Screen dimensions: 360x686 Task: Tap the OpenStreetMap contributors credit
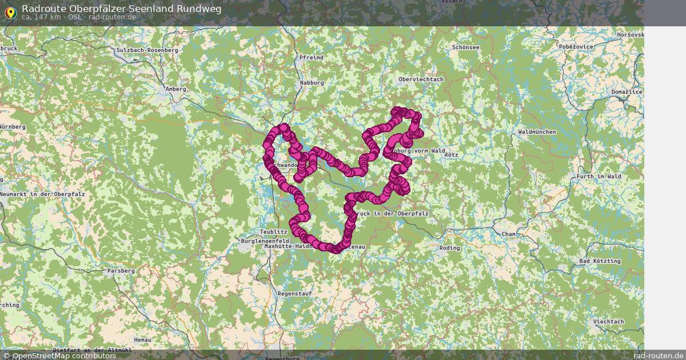tap(59, 355)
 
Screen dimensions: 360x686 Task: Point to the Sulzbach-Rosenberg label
tap(147, 50)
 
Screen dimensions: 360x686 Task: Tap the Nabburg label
tap(312, 83)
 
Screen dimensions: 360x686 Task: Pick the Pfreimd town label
tap(311, 58)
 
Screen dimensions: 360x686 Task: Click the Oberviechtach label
tap(421, 79)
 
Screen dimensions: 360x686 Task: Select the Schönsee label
tap(465, 47)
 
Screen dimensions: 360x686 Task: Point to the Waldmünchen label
tap(536, 131)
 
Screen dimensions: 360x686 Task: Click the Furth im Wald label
tap(599, 177)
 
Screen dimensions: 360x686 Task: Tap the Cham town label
tap(508, 234)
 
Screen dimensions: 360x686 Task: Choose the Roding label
tap(449, 248)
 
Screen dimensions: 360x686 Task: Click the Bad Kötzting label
tap(599, 261)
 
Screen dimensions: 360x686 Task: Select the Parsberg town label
tap(121, 270)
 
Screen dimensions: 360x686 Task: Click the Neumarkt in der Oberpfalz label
tap(42, 194)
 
